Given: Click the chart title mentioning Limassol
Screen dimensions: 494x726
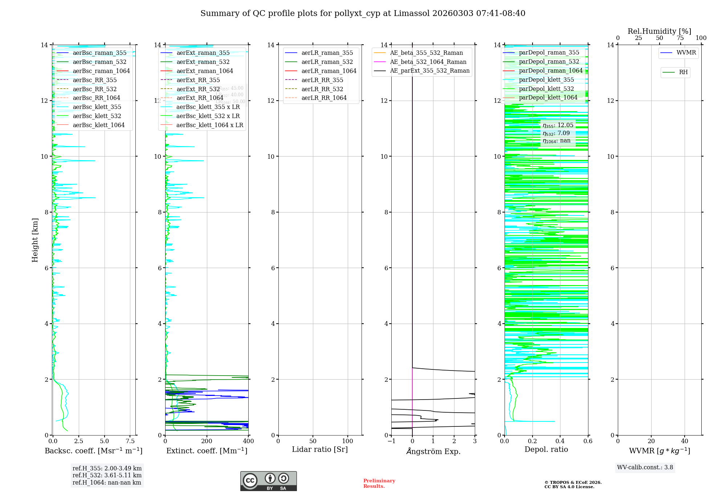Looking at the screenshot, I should [x=363, y=13].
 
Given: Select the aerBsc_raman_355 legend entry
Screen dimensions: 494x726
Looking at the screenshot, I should [x=99, y=53].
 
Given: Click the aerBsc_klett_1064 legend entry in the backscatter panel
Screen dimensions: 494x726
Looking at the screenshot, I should [x=98, y=125].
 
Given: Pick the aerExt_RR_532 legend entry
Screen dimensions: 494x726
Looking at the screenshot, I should [x=198, y=89].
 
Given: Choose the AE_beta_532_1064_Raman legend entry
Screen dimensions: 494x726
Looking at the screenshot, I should [x=428, y=62].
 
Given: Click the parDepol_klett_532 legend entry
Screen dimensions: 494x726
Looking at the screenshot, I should [x=546, y=89].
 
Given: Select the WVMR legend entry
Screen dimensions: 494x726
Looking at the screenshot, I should [x=686, y=53].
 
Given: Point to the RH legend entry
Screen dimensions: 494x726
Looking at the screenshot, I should [x=683, y=72].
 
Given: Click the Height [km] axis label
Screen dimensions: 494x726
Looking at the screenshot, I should [x=35, y=240].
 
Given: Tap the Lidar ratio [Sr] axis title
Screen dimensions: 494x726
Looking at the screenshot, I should [x=320, y=449].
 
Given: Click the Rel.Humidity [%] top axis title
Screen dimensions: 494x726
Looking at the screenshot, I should [x=659, y=31].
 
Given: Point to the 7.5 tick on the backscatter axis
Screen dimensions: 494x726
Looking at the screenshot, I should [x=130, y=441].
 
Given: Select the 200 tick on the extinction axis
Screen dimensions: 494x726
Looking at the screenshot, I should [x=207, y=441].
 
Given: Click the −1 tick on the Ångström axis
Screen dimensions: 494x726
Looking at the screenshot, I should [x=391, y=441].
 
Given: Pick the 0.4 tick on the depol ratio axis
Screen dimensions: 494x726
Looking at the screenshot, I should [x=560, y=441].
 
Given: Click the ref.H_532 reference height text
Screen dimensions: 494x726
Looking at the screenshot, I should [x=107, y=475].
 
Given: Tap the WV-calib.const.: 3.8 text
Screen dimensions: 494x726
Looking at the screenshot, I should [x=645, y=467].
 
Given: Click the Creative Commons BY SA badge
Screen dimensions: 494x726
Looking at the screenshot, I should [x=268, y=481].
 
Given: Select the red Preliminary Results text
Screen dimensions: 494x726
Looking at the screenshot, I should [x=379, y=483].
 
